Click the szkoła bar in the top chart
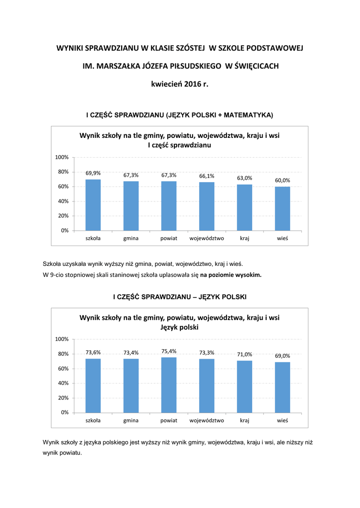pos(93,205)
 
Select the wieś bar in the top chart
pos(283,208)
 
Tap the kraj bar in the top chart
pos(244,207)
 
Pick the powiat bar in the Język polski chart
pos(169,385)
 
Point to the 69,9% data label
pos(93,173)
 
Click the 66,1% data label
pos(207,176)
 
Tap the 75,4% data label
pos(169,351)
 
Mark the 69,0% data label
pos(283,356)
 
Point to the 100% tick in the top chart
pos(62,157)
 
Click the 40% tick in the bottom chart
pos(63,383)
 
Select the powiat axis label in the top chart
pos(169,239)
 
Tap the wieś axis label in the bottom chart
pos(283,420)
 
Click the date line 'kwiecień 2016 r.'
pos(180,84)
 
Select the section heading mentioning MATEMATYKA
pos(180,115)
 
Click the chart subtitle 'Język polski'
pos(180,327)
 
